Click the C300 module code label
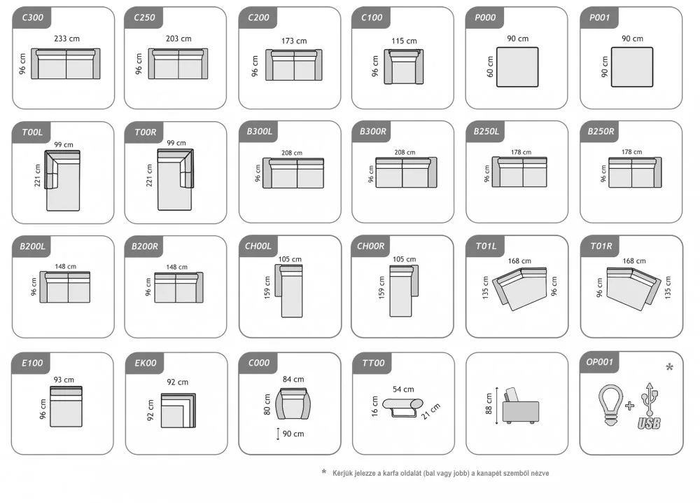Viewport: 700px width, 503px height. (33, 18)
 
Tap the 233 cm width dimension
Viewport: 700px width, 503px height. (67, 39)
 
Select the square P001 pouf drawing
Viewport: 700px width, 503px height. (631, 67)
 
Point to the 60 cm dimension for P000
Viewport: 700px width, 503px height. (490, 67)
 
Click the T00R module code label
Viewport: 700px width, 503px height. (146, 132)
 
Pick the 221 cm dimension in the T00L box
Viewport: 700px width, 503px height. (38, 176)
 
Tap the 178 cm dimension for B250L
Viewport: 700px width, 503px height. (521, 152)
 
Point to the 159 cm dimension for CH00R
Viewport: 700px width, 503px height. (381, 287)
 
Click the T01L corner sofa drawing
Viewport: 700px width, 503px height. (519, 289)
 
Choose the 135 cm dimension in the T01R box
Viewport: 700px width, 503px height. (668, 287)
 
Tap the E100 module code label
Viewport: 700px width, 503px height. (33, 363)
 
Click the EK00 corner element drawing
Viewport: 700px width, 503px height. (178, 411)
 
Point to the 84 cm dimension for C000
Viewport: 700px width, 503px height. (293, 380)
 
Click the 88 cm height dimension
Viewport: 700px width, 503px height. (489, 404)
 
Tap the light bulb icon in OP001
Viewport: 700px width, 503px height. (610, 405)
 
